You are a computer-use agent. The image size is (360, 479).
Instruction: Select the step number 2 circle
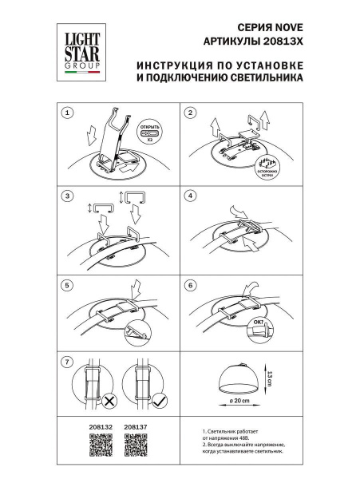pos(190,113)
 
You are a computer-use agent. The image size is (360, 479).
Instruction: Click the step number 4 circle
pos(190,196)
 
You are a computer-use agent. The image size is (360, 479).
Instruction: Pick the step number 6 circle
pos(190,285)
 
